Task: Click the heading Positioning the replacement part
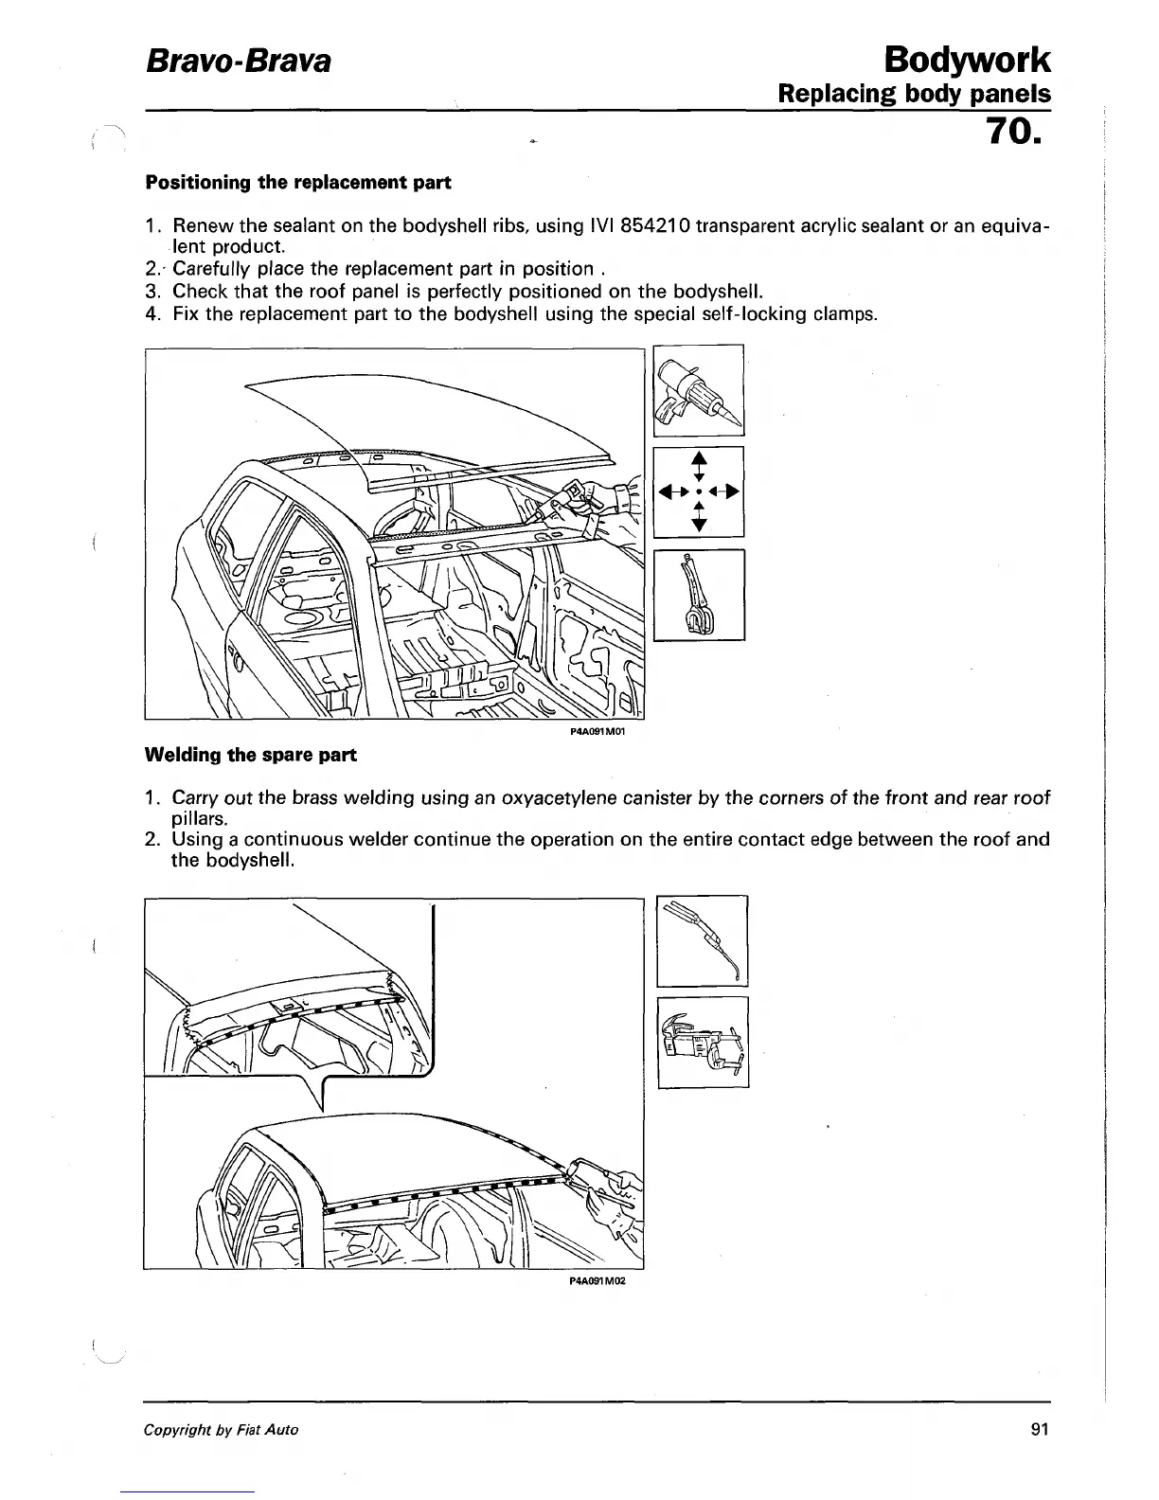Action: point(296,182)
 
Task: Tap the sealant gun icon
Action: point(699,390)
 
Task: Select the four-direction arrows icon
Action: point(699,491)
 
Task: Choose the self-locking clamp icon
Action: point(699,595)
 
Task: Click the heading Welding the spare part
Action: point(250,755)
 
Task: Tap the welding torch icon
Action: point(702,940)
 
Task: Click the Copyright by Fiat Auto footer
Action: point(221,1429)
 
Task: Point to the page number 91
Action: point(1040,1429)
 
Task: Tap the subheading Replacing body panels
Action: point(914,95)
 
